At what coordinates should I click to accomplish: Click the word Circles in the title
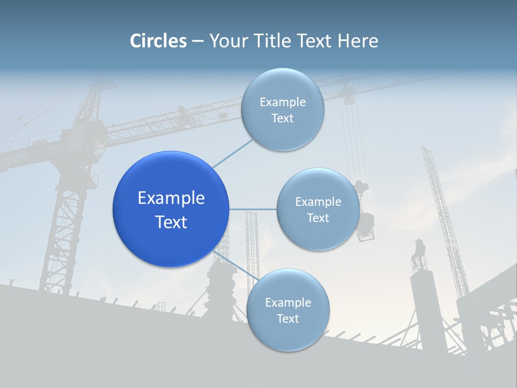[158, 41]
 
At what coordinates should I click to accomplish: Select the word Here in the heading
[358, 41]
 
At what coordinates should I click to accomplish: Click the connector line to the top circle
[233, 153]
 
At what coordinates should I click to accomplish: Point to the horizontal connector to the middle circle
[253, 209]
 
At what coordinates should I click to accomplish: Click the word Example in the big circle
[171, 198]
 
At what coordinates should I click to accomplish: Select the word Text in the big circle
[171, 222]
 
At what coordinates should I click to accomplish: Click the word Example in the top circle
[282, 102]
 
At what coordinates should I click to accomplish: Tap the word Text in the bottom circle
[288, 318]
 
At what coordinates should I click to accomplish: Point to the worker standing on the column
[418, 253]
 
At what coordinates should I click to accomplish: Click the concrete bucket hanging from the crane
[366, 221]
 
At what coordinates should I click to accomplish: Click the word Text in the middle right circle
[318, 218]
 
